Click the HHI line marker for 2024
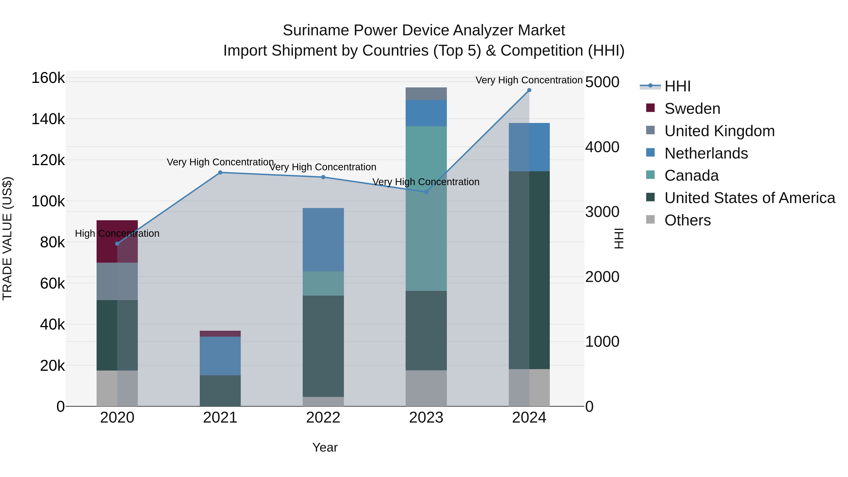[529, 90]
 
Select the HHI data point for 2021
[220, 172]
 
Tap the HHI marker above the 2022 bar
[323, 177]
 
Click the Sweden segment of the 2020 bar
[117, 241]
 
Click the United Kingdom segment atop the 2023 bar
[426, 94]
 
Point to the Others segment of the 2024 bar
[529, 387]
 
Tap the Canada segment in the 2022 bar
[323, 283]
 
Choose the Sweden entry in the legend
[692, 109]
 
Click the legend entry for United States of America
[750, 198]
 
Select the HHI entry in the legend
[677, 86]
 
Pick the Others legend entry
[687, 220]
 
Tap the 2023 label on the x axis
[426, 418]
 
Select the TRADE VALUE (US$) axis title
[7, 238]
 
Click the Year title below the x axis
[325, 447]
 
